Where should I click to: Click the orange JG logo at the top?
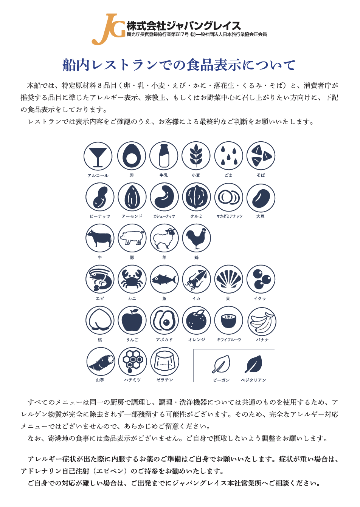point(108,29)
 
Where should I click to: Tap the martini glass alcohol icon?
point(98,156)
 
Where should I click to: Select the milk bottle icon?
point(164,156)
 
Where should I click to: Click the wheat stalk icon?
point(196,156)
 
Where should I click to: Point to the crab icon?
point(132,279)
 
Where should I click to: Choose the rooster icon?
point(196,238)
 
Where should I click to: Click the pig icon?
point(132,238)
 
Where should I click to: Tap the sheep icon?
point(164,238)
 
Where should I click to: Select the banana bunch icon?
point(262,322)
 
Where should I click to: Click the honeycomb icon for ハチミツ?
point(132,362)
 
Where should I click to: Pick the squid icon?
point(196,279)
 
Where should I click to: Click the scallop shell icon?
point(229,279)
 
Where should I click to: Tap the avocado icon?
point(164,320)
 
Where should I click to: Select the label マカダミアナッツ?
point(229,216)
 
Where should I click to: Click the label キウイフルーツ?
point(229,340)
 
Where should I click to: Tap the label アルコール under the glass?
point(98,175)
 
